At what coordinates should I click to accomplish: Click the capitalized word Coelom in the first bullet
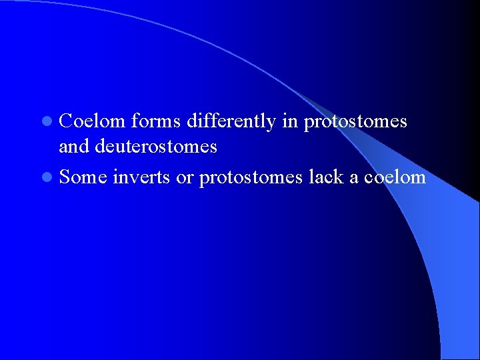tap(92, 121)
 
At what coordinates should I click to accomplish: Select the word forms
tap(156, 121)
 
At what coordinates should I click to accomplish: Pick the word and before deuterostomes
tap(75, 146)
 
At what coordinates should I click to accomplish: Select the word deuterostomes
tap(156, 146)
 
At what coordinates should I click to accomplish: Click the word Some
tap(83, 177)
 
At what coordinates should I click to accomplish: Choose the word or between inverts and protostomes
tap(185, 177)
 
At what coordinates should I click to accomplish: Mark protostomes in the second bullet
tap(251, 177)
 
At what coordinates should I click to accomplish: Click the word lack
tap(327, 177)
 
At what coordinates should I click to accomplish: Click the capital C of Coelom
tap(66, 121)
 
